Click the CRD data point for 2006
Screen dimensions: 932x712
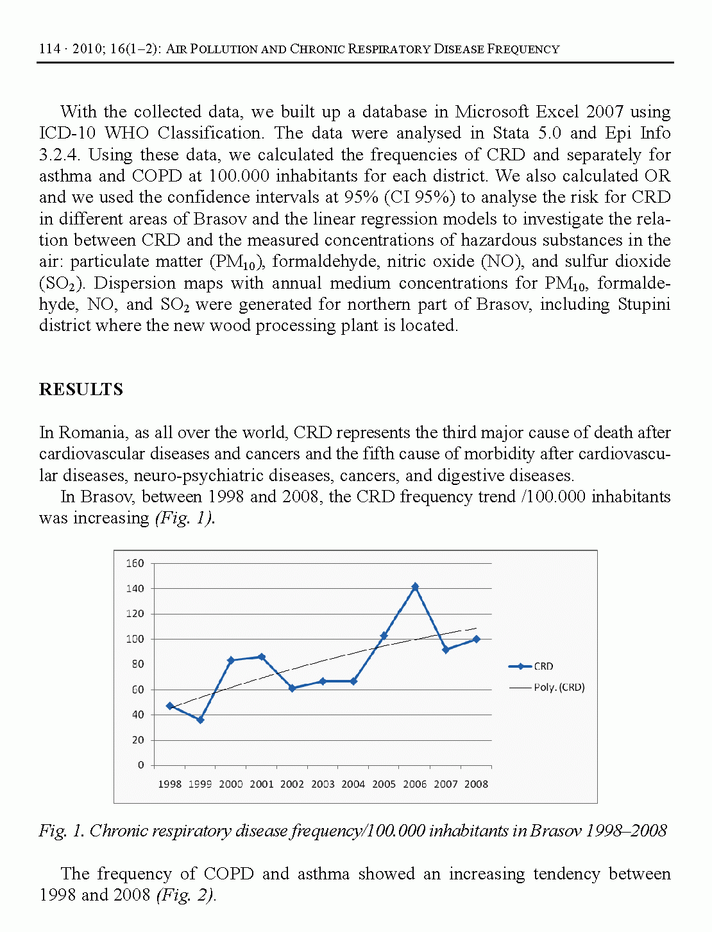415,586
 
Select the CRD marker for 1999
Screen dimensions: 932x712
200,720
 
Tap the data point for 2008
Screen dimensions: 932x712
476,639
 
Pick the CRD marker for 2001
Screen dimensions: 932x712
262,657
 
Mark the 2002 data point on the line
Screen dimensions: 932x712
292,688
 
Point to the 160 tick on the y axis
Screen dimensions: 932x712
135,563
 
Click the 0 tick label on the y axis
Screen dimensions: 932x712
141,765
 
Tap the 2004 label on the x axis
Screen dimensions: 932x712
353,784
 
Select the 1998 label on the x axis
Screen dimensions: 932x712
170,784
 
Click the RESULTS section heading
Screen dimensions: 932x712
81,389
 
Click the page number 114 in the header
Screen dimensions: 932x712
49,49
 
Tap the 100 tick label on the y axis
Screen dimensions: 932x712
135,639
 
